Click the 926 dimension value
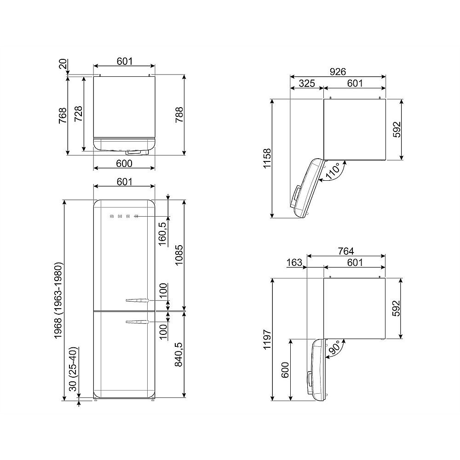tap(338, 72)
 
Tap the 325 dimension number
tap(307, 83)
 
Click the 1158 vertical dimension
tap(267, 158)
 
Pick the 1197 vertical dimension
tap(267, 339)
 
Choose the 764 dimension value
tap(346, 251)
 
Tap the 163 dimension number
tap(294, 262)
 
